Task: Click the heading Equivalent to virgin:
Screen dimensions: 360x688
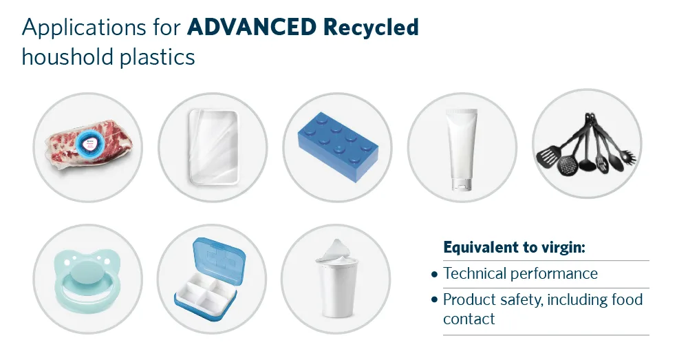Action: click(x=514, y=247)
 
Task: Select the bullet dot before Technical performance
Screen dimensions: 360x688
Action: click(x=434, y=274)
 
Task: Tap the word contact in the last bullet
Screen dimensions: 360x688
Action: click(x=469, y=319)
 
